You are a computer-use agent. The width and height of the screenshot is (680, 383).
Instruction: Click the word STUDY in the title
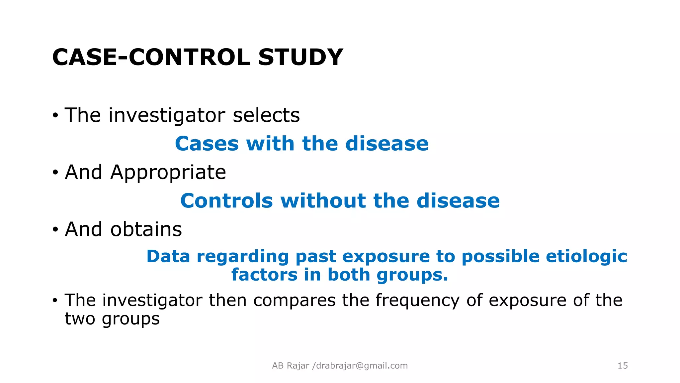pos(300,57)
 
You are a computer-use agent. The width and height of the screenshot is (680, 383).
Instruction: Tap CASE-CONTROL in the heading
pos(151,57)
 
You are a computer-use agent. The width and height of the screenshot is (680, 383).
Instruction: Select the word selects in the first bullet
pos(266,115)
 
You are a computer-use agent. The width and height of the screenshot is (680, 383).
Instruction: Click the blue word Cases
pos(207,144)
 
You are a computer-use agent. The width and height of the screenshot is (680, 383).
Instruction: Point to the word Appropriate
pos(168,173)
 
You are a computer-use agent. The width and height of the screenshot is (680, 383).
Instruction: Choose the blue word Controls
pos(226,201)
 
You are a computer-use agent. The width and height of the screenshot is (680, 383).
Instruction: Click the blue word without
pos(323,201)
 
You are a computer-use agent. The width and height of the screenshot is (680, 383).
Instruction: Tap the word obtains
pos(146,229)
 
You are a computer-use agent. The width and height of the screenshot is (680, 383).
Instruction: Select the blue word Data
pos(168,256)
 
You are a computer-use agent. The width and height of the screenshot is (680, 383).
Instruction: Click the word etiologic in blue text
pos(586,256)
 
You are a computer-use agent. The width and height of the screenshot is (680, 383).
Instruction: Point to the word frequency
pos(417,301)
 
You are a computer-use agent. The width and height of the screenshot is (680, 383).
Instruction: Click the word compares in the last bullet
pos(294,301)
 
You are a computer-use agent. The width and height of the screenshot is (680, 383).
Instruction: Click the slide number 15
pos(623,366)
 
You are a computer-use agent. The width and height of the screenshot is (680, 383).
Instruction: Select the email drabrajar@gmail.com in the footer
pos(362,366)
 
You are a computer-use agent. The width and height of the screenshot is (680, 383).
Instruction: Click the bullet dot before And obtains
pos(55,230)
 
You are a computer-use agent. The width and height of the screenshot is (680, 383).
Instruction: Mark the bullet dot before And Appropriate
pos(55,173)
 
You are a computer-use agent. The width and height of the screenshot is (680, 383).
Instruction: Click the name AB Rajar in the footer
pos(291,366)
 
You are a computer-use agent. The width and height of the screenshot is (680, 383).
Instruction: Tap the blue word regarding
pos(242,256)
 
